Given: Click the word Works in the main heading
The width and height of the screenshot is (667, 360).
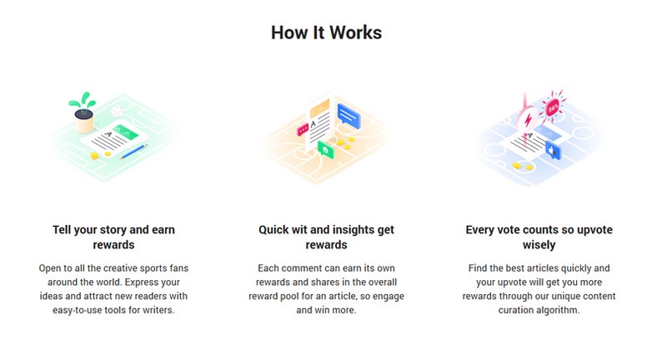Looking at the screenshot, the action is point(356,32).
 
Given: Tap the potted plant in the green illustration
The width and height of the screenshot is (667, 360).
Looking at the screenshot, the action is point(83,112).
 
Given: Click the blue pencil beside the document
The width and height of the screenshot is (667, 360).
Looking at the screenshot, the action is point(133,152).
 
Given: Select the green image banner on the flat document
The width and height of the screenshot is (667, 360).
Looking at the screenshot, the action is point(126,133).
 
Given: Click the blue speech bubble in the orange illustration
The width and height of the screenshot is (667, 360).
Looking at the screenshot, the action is point(349,116).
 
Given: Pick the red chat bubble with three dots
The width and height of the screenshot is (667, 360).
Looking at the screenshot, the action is point(303,130).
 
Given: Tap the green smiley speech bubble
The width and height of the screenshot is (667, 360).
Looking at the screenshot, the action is point(326,150).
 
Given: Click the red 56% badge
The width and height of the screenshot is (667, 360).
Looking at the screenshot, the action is point(553,108).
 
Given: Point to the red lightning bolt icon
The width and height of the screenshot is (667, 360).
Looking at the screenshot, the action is point(528,119).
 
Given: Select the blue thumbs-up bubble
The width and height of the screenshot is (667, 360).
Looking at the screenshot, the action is point(553,152).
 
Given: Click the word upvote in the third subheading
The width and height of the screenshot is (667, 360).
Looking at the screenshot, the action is point(594,230).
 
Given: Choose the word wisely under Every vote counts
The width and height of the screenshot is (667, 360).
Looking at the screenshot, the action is point(539,245).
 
